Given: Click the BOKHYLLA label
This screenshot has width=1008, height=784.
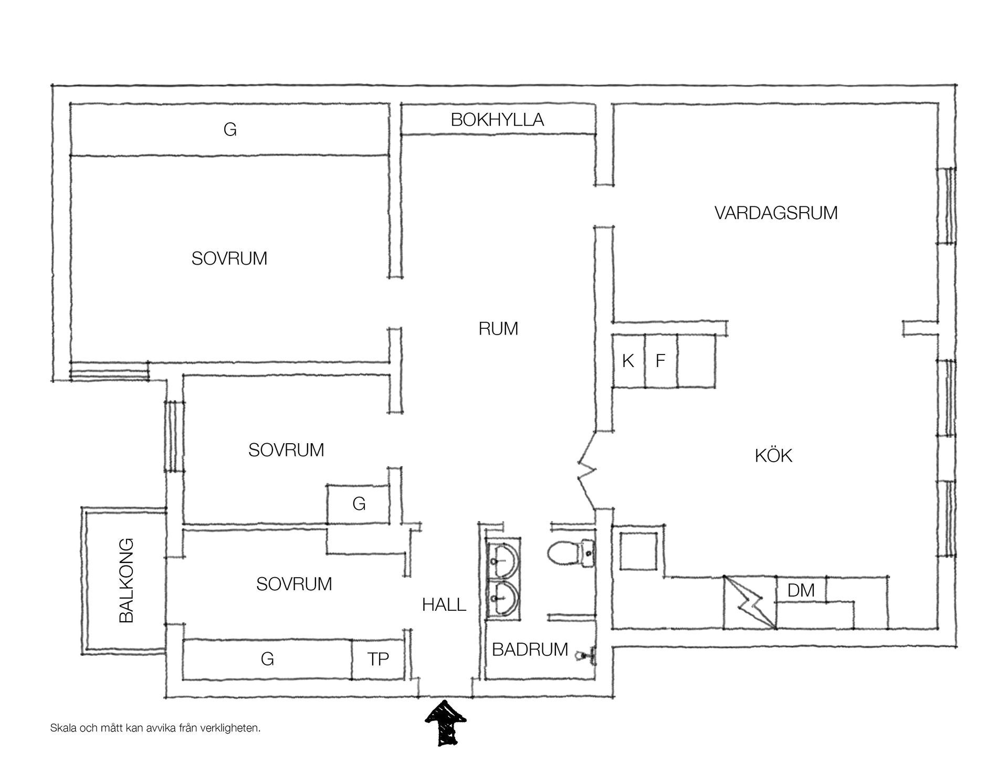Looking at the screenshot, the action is coord(497,120).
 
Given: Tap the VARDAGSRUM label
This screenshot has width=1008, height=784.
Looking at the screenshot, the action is coord(776,213).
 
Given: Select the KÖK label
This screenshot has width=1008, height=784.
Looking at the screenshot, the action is coord(773,455).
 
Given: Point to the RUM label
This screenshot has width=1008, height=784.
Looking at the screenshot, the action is coord(498,329).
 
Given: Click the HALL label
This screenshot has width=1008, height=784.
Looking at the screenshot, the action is coord(444,605).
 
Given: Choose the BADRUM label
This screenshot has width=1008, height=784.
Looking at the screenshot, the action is coord(530,650).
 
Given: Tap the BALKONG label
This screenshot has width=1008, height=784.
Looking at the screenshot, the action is coord(127,580).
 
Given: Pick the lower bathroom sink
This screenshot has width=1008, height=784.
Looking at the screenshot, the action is coord(503,598).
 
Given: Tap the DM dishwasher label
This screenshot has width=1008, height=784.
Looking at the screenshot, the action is coord(801,590).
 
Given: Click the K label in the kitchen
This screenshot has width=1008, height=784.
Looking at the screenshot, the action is coord(628,361).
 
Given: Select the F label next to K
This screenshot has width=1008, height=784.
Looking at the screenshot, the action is coord(660,361).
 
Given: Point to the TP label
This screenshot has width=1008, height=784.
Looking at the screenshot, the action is coord(378,659).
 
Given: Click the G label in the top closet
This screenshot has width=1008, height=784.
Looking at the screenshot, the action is coord(230,129).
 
